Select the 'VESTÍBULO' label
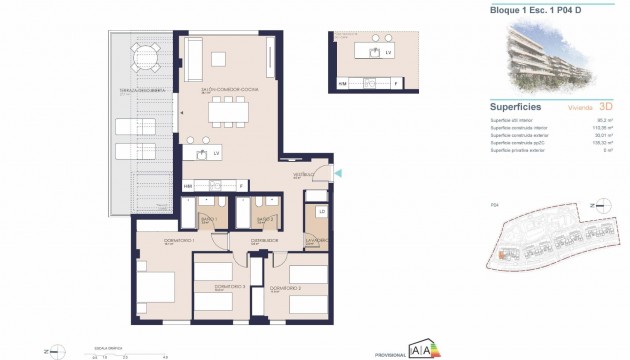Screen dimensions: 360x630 [304, 175]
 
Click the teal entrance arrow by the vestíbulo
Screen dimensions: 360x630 [341, 174]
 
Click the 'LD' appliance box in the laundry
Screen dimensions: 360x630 [321, 211]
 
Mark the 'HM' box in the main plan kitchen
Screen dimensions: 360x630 [188, 186]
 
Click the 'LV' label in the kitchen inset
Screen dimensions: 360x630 [388, 49]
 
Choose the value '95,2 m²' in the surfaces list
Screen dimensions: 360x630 [600, 120]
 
